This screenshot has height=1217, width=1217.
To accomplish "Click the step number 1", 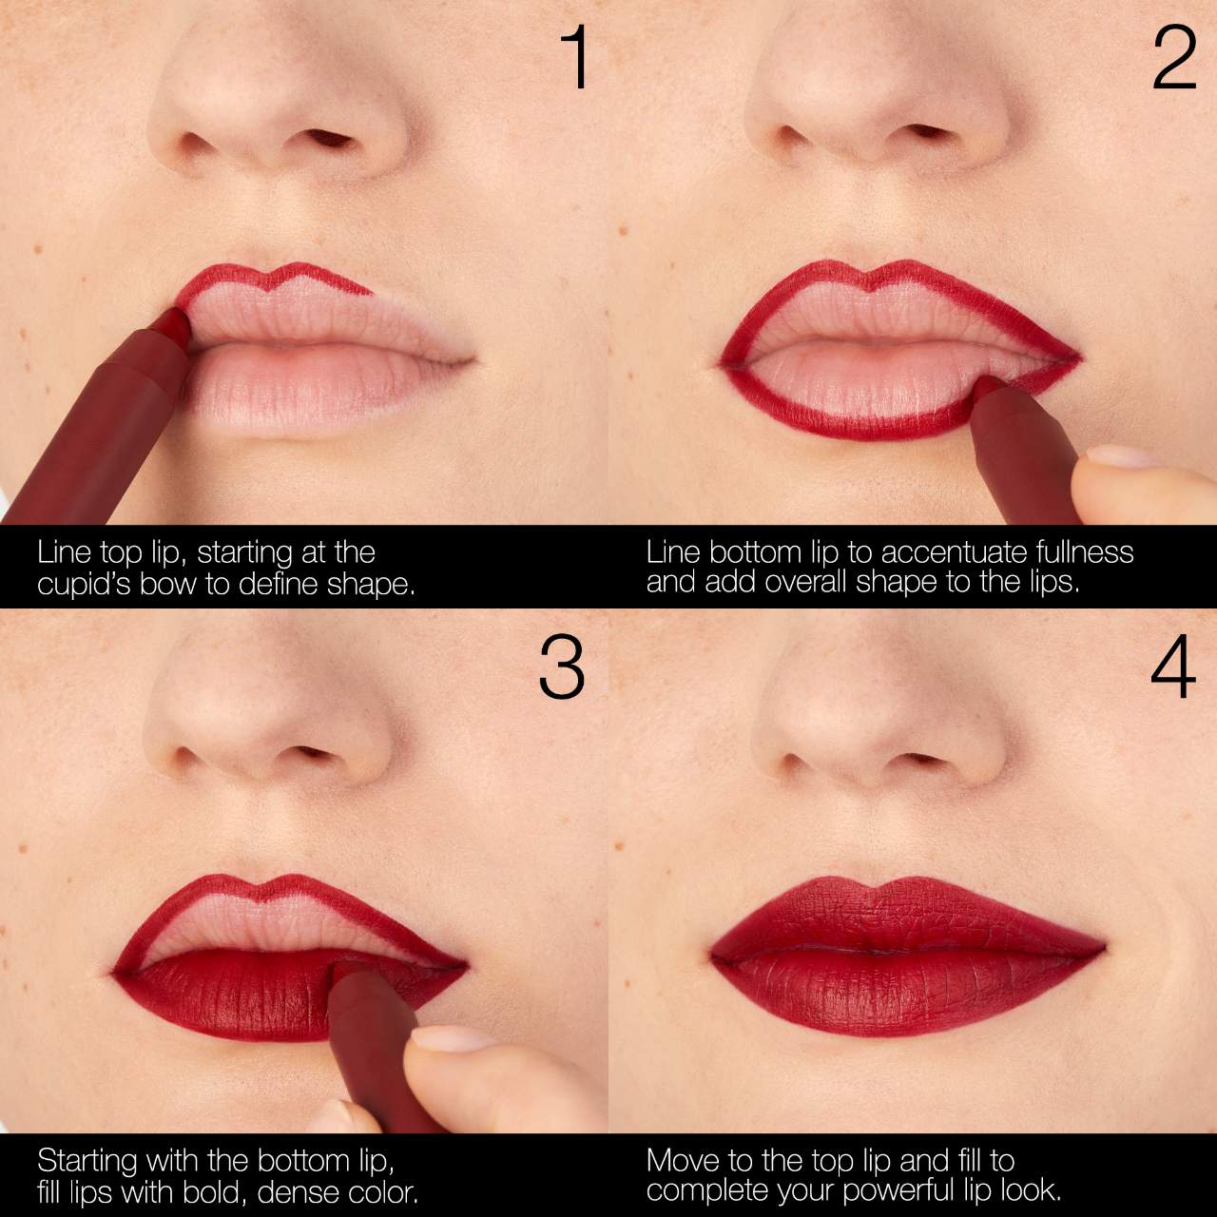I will click(x=575, y=59).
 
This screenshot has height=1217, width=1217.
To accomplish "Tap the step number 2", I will click(x=1174, y=59).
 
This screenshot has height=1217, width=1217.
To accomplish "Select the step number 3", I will click(x=561, y=667).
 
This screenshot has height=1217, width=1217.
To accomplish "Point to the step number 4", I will click(x=1172, y=667).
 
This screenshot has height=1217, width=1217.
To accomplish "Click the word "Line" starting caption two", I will click(x=673, y=552).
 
